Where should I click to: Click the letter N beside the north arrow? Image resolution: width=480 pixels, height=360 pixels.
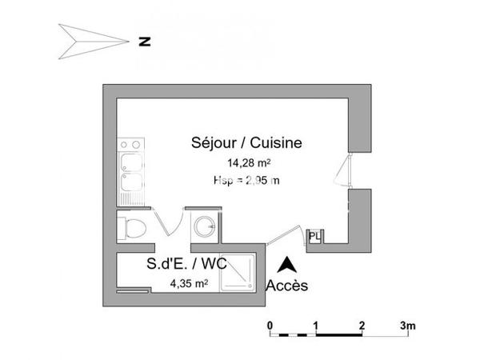(x=145, y=39)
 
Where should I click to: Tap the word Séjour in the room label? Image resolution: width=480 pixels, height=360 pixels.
(x=216, y=143)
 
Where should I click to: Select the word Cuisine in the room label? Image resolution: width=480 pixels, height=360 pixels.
(x=277, y=143)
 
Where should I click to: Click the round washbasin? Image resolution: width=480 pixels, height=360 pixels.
(x=205, y=226)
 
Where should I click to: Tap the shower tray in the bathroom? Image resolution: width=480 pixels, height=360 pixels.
(x=239, y=274)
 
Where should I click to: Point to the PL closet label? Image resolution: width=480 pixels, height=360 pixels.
(x=314, y=236)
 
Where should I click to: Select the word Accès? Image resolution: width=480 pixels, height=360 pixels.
(x=285, y=285)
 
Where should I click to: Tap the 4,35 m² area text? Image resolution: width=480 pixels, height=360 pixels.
(x=190, y=282)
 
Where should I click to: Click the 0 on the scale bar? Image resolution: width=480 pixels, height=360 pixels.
(x=270, y=325)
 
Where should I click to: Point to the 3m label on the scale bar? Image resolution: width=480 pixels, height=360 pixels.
(x=409, y=325)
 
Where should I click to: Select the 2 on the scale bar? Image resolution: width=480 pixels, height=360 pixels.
(x=362, y=325)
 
